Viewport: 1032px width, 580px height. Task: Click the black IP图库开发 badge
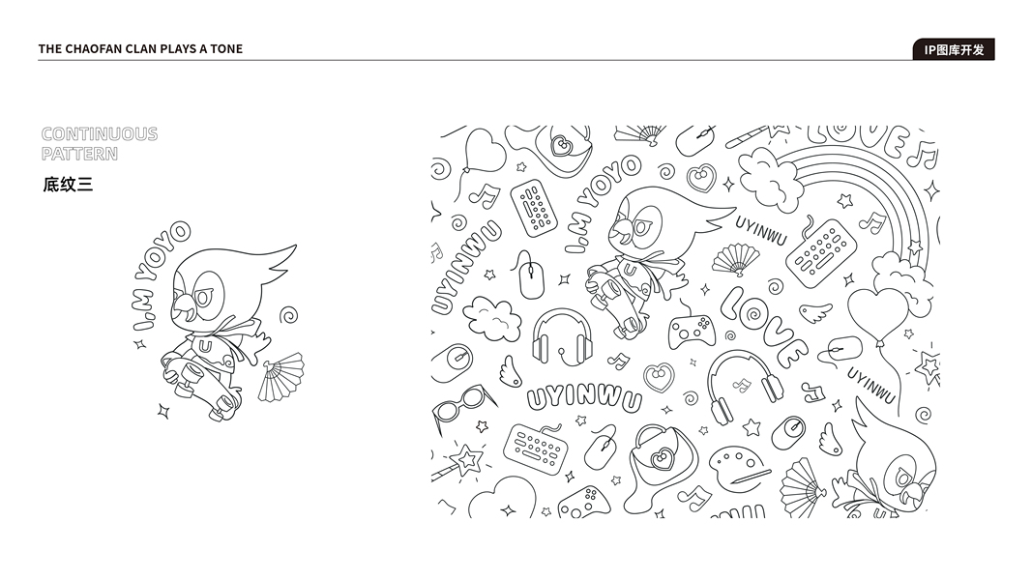point(954,49)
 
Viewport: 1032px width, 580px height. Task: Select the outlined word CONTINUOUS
point(100,134)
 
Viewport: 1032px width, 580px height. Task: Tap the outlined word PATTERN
point(79,154)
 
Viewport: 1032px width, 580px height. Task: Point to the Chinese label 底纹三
point(68,184)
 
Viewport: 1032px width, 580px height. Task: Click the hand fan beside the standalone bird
point(280,377)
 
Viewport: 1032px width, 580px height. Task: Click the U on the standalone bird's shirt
point(205,345)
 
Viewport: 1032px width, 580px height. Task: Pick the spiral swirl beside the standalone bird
point(288,315)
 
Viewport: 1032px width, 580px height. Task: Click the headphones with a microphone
point(562,336)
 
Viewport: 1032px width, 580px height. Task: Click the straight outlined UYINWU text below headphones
point(584,398)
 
